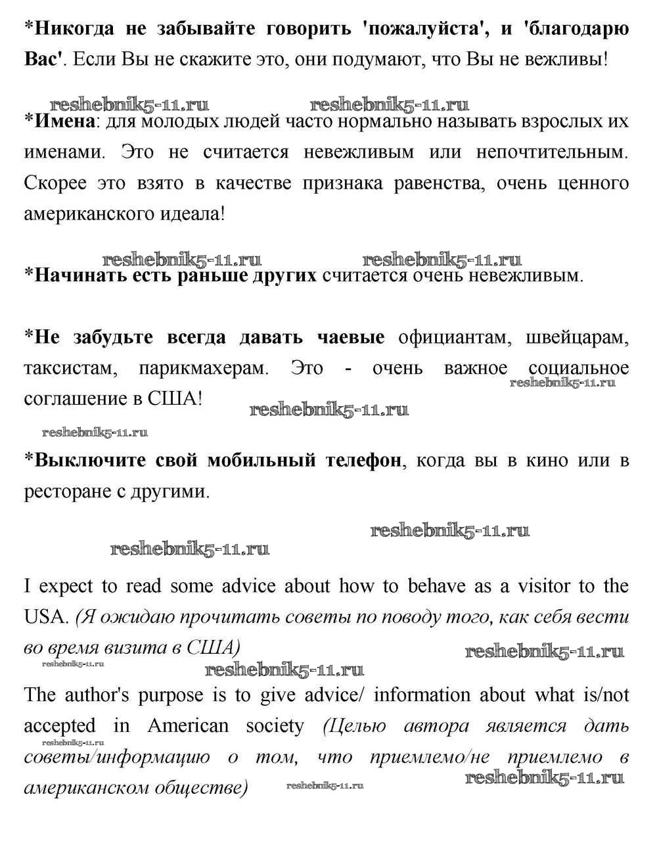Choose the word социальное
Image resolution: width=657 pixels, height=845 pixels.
pos(579,367)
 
